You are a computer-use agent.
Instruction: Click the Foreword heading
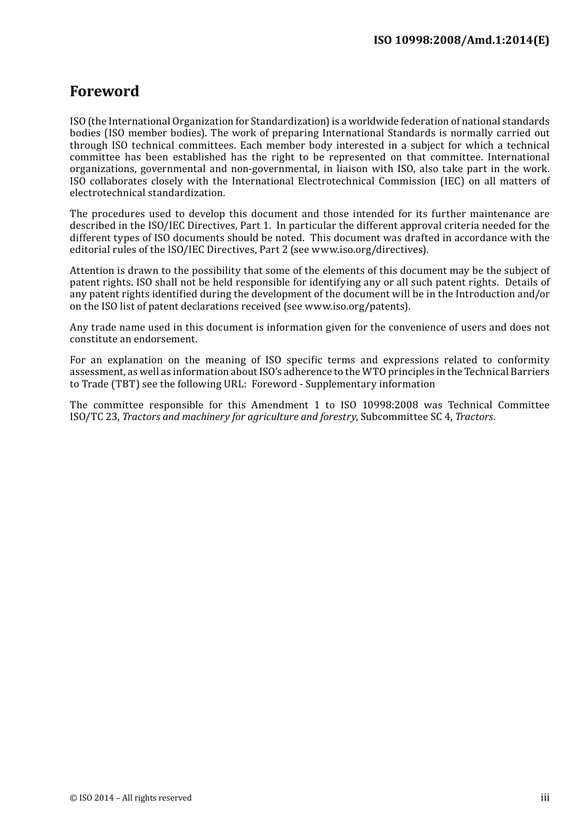click(x=104, y=91)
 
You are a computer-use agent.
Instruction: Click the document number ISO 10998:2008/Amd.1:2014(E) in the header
click(x=461, y=41)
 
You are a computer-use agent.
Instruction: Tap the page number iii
click(x=545, y=798)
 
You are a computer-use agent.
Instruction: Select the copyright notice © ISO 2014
click(x=131, y=798)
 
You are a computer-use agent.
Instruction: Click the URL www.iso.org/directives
click(x=368, y=250)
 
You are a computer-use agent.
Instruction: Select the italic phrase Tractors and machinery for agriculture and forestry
click(x=239, y=417)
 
